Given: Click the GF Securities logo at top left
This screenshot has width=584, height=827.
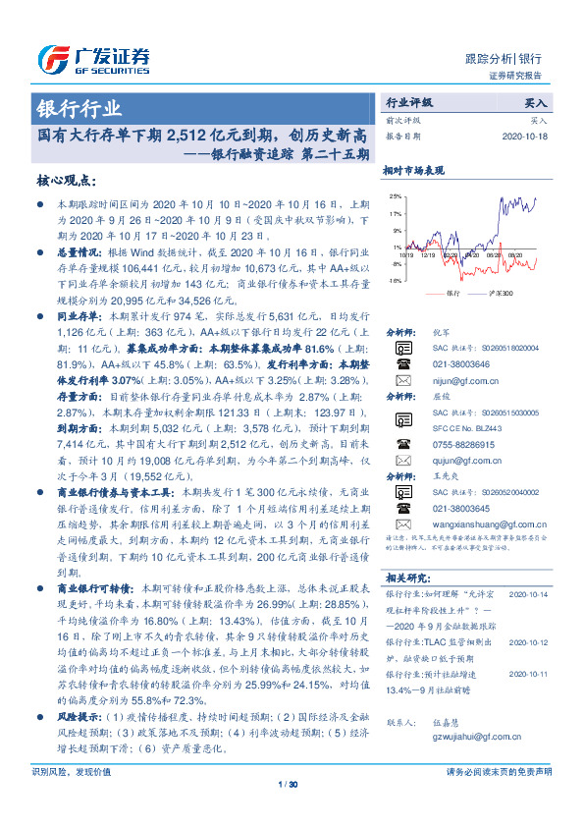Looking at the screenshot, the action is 92,60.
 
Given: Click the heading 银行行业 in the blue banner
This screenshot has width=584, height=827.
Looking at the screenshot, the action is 80,108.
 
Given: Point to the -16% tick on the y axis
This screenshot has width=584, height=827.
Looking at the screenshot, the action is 394,281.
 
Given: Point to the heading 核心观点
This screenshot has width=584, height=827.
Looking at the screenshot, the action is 66,181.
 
